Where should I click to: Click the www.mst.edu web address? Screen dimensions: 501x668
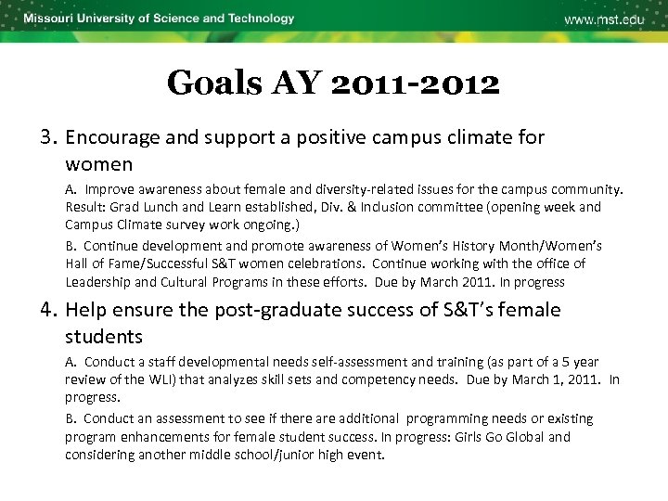coord(603,20)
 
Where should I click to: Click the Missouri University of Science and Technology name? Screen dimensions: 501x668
coord(159,19)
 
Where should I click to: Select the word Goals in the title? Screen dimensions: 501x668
coord(214,83)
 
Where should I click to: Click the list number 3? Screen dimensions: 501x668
coord(48,137)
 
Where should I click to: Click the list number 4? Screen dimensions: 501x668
coord(48,310)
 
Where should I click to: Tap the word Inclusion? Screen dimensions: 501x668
coord(425,207)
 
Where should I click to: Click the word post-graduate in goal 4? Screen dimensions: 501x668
coord(269,310)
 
